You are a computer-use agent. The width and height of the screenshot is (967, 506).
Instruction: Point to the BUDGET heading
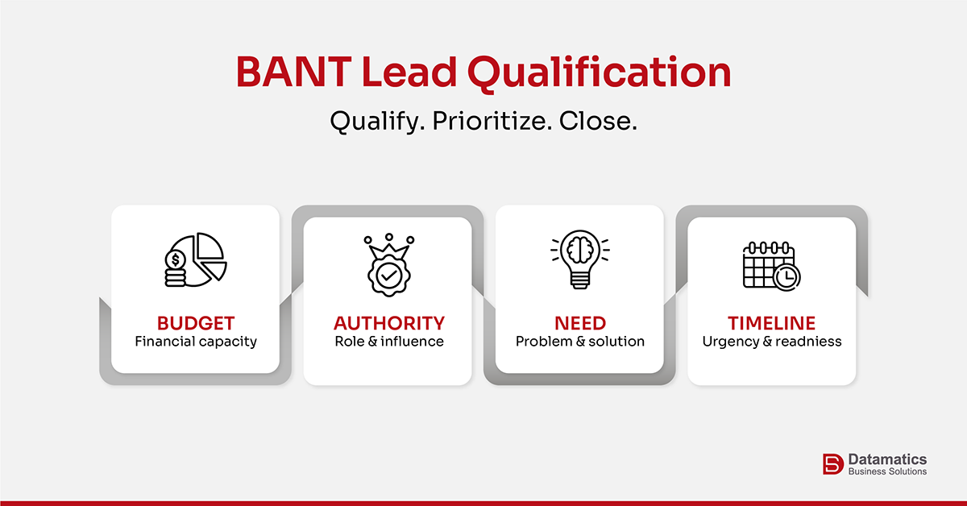coord(196,323)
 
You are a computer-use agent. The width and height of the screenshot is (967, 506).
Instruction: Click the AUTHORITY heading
coord(389,323)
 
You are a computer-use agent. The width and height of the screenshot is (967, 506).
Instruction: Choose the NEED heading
coord(580,323)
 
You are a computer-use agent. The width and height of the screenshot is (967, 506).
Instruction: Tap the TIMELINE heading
coord(772,323)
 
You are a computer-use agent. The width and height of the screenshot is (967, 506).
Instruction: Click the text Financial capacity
coord(196,342)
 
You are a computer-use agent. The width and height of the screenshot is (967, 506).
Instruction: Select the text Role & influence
coord(389,342)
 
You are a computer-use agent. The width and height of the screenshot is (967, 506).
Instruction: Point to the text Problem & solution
coord(580,342)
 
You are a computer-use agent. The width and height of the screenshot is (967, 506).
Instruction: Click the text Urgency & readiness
coord(772,342)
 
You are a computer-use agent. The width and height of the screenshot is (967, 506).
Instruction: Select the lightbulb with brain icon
coord(580,260)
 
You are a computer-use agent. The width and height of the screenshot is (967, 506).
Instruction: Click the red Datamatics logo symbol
coord(832,464)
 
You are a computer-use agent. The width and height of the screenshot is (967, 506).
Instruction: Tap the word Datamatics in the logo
coord(887,458)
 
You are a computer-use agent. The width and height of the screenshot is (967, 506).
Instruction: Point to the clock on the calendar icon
coord(786,276)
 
